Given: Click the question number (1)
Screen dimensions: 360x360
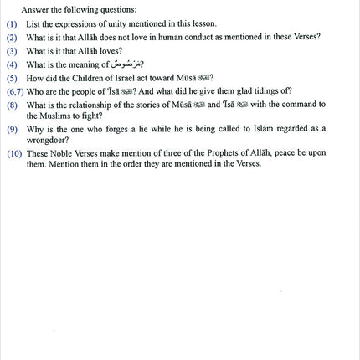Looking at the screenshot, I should click(x=12, y=24).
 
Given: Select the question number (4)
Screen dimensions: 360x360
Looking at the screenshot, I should click(x=12, y=64).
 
